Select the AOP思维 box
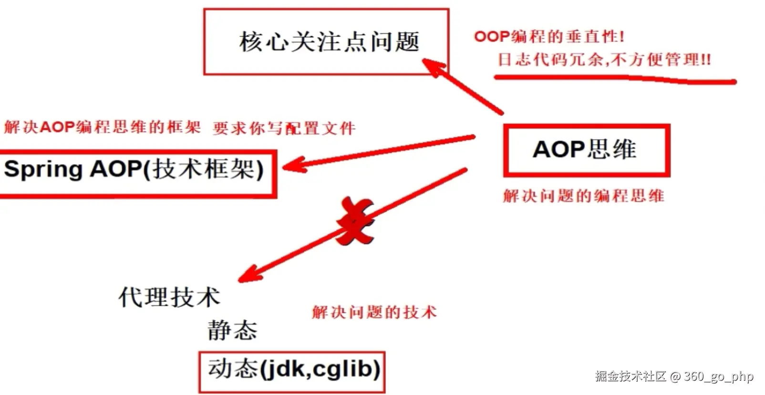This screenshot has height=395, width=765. [x=586, y=150]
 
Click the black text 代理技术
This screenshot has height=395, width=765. [x=169, y=297]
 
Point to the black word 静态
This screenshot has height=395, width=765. [x=232, y=331]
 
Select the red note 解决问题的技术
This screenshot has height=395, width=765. [x=374, y=312]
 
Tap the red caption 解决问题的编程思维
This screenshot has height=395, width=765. [x=584, y=196]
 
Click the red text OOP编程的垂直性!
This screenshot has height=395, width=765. [x=549, y=37]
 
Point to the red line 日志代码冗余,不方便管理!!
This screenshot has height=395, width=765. [x=604, y=60]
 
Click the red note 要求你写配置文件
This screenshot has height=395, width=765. [x=284, y=128]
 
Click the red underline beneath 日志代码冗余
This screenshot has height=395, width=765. [x=615, y=79]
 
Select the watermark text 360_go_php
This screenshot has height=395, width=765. [x=718, y=376]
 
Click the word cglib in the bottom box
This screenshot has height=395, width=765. [x=341, y=369]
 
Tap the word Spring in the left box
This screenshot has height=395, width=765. [x=43, y=170]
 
